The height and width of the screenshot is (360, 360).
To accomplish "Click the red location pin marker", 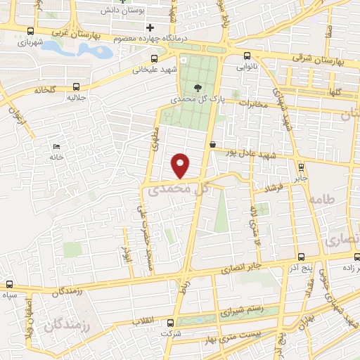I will coord(181,165).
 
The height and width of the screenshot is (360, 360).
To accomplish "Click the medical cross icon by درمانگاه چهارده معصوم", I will coord(149,27).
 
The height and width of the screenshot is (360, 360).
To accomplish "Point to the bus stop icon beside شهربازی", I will coord(29,31).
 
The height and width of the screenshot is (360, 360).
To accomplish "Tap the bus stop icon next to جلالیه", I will coord(75,86).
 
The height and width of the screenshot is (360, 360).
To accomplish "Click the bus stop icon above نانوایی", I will coord(245,56).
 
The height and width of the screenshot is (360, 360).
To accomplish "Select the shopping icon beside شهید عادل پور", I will coord(212,144).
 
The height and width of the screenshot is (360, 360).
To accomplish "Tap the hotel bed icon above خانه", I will coord(56,146).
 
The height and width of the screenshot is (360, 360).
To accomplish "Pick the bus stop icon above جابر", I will coord(301,167).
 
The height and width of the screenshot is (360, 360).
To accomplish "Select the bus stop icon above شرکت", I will coord(169,323).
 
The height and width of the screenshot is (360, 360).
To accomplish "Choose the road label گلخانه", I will coord(44,91).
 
